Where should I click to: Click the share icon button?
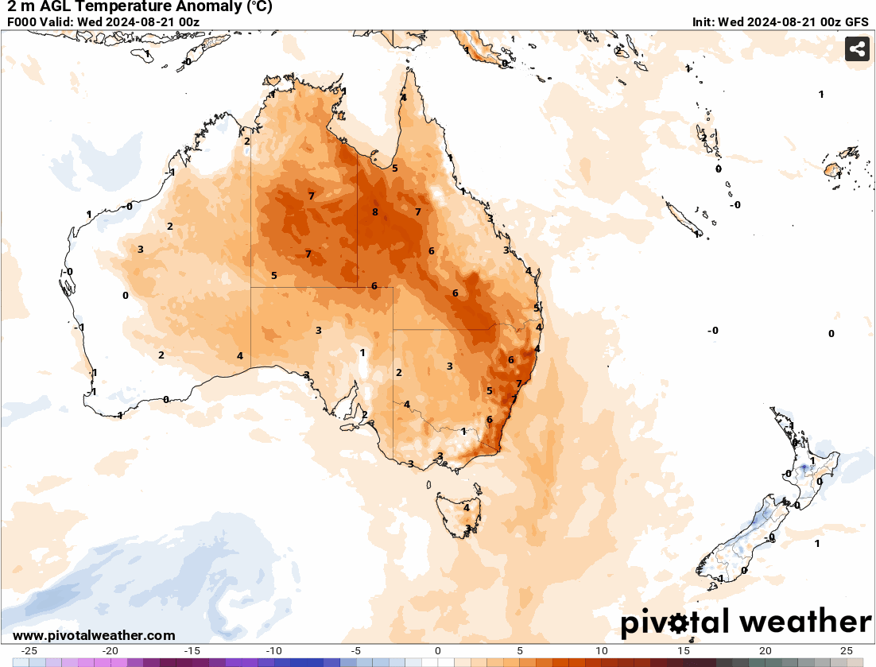coord(856,49)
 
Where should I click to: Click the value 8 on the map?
coord(374,212)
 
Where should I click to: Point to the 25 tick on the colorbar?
coord(847,650)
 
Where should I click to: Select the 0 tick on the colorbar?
coord(438,650)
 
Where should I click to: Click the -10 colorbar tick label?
coord(274,650)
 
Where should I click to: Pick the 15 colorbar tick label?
coord(683,650)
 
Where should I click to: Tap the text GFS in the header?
coord(856,22)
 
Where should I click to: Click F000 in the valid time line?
coord(21,22)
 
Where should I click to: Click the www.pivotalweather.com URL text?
coord(94,635)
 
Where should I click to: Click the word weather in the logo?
coord(804,621)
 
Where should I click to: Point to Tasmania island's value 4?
coord(467,507)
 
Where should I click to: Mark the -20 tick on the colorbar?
coord(110,650)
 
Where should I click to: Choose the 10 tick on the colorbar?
coord(601,650)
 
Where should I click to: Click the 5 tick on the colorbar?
coord(520,650)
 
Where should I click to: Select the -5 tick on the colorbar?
coord(356,650)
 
